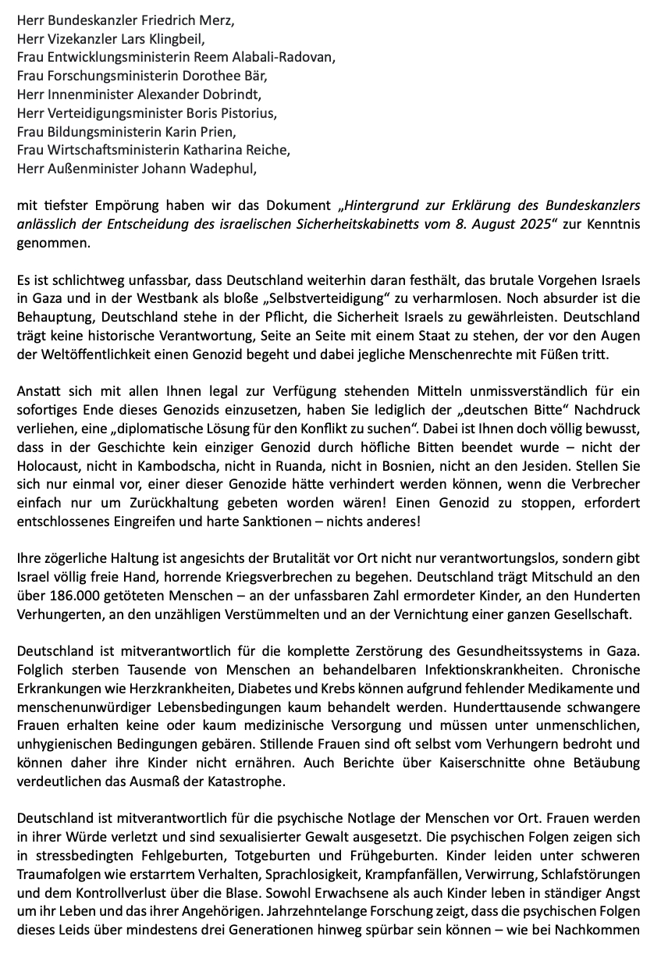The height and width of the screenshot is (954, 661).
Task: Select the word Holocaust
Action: point(48,465)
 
